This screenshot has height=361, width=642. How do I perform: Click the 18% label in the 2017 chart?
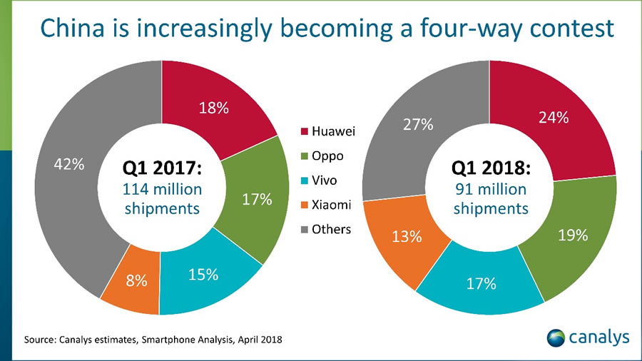click(x=213, y=108)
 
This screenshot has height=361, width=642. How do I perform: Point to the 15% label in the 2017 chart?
click(x=203, y=275)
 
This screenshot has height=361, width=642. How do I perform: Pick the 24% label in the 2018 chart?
click(x=553, y=118)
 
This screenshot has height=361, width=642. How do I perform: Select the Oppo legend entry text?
click(x=330, y=156)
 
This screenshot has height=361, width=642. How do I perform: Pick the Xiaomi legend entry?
click(x=333, y=205)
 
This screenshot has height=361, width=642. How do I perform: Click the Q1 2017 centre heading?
click(x=163, y=169)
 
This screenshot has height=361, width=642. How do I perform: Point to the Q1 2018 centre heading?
click(x=490, y=169)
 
